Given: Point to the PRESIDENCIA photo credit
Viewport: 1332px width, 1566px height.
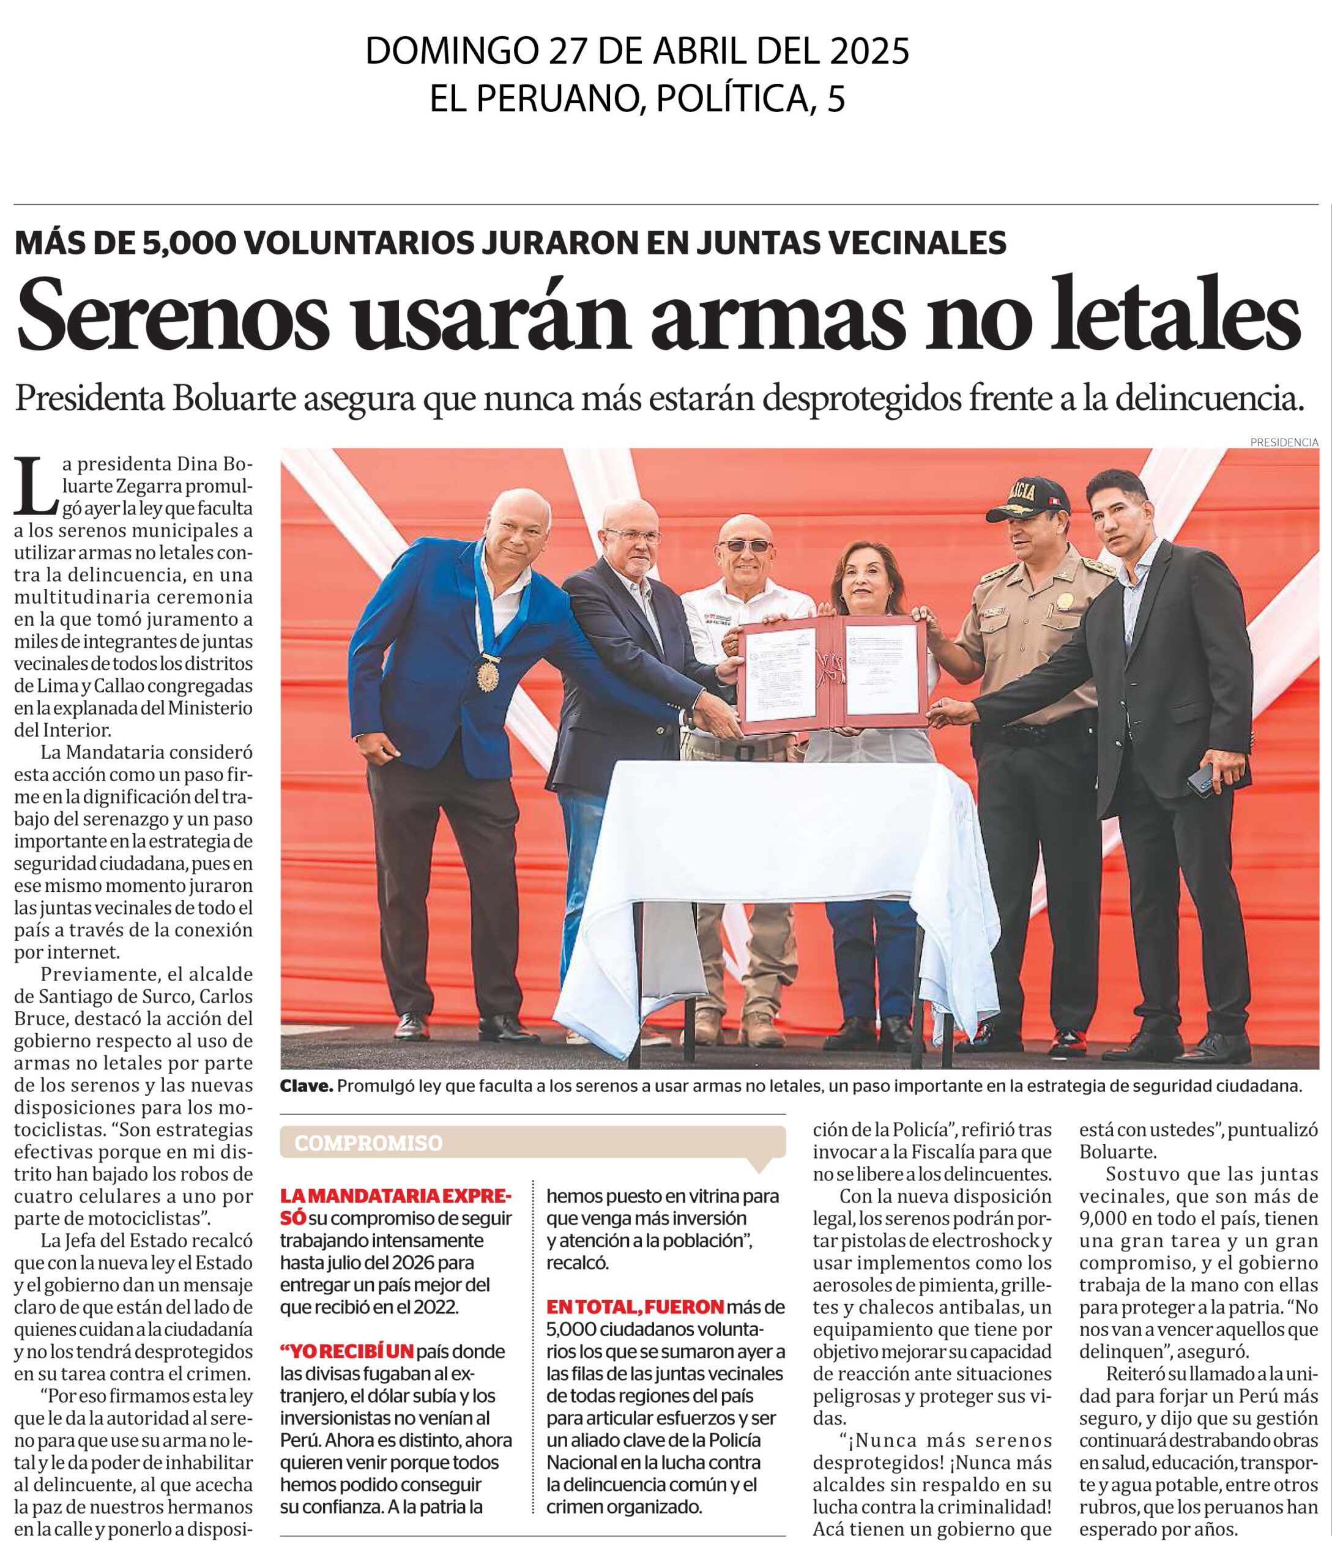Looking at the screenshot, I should coord(1284,442).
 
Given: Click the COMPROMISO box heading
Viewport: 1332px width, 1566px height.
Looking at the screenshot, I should coord(368,1143).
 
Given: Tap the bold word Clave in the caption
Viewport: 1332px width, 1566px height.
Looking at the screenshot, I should coord(306,1086).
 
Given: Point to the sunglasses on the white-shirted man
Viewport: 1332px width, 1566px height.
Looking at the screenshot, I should coord(745,545).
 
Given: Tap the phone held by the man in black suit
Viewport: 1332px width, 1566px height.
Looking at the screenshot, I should coord(1200,779).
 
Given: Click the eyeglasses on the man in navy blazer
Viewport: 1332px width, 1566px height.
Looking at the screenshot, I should coord(632,536).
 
